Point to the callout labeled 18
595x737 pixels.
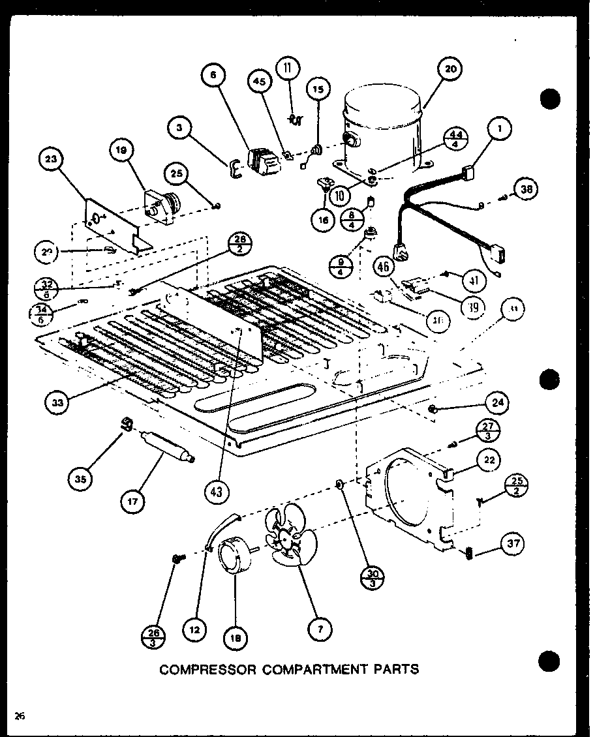(x=235, y=639)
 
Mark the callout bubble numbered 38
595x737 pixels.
(x=526, y=188)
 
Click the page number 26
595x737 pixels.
(x=20, y=717)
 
